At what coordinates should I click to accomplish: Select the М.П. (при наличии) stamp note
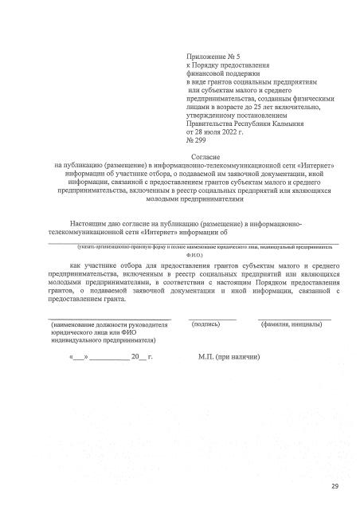coord(229,359)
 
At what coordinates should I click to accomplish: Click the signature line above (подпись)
coord(212,319)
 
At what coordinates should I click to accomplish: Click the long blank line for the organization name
coord(195,241)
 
